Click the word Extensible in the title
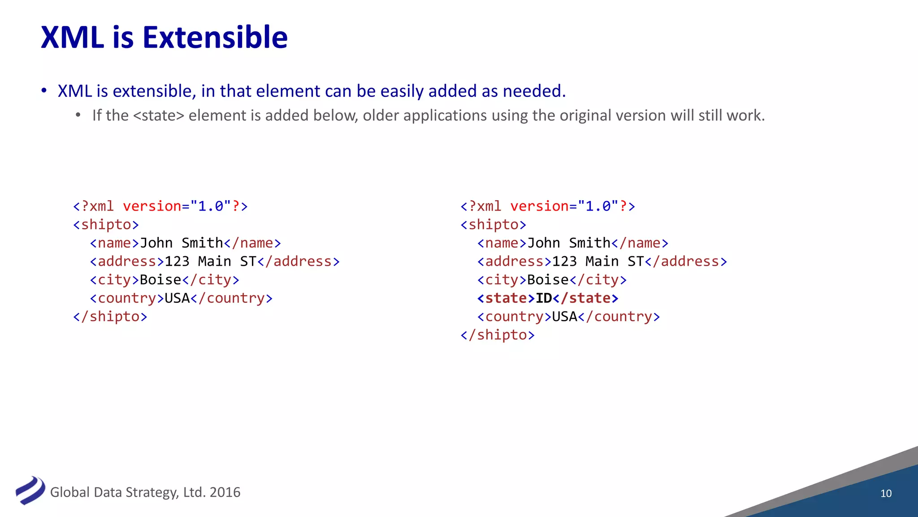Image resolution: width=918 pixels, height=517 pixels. (x=215, y=37)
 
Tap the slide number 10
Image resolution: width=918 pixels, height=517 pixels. (x=886, y=493)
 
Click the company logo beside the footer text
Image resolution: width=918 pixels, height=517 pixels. (x=30, y=491)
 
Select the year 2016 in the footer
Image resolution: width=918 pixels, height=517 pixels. (x=225, y=492)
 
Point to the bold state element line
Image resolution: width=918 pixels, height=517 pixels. (x=547, y=298)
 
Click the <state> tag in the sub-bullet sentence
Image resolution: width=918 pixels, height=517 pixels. (x=159, y=116)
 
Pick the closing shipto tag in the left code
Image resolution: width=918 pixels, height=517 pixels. (x=110, y=316)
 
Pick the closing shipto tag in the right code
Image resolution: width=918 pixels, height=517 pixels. (x=498, y=335)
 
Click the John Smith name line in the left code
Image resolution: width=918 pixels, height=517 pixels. (x=185, y=243)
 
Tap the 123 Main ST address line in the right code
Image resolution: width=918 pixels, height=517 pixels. (x=602, y=261)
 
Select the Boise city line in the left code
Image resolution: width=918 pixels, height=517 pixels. (x=165, y=280)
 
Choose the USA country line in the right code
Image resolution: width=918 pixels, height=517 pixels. (x=568, y=316)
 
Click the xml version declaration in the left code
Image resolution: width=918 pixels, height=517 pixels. (x=160, y=206)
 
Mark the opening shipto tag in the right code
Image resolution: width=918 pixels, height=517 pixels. (x=493, y=224)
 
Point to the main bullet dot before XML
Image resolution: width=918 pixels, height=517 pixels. (x=44, y=91)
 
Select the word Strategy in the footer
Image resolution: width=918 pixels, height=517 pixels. (x=152, y=492)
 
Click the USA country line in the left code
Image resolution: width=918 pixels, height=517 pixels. (x=181, y=298)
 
